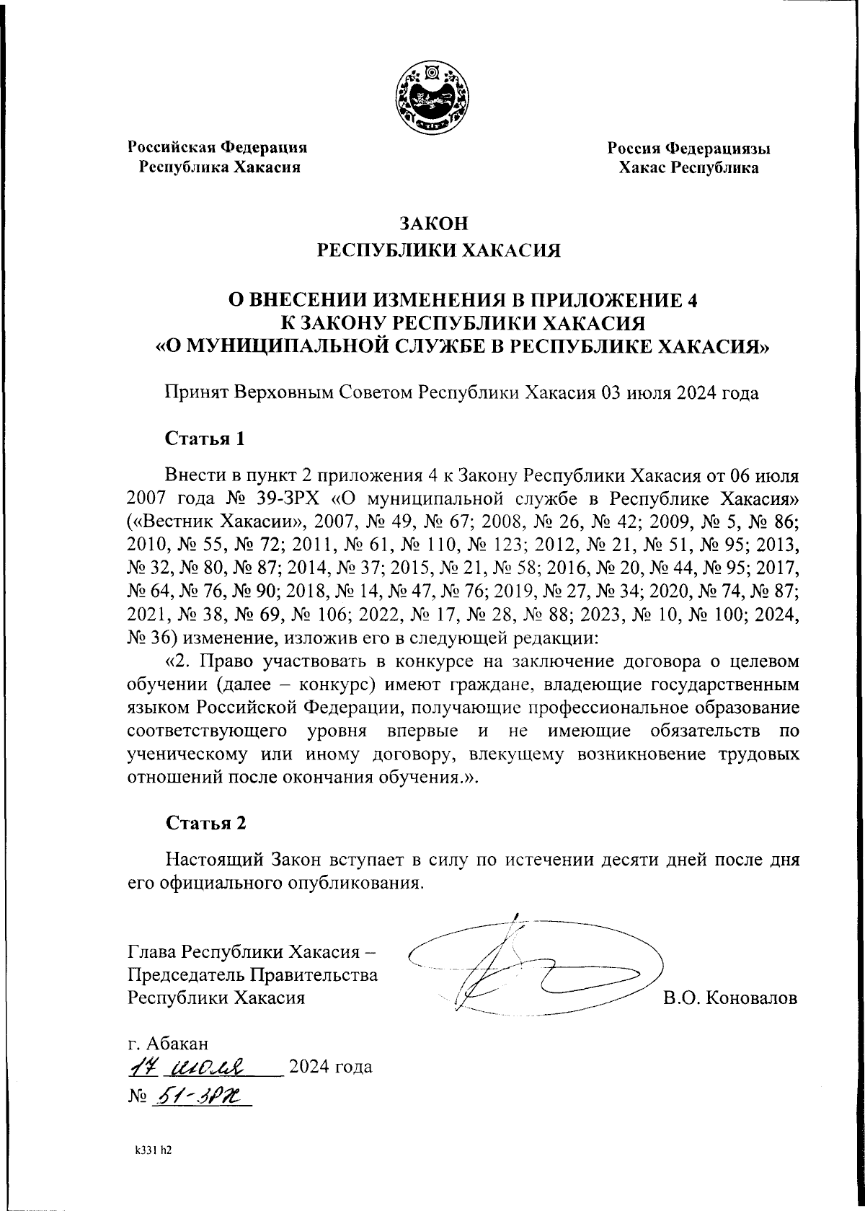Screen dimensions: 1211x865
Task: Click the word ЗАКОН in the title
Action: click(x=432, y=223)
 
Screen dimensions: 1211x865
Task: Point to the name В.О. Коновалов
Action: click(x=730, y=999)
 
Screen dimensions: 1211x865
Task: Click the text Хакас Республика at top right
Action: click(x=688, y=169)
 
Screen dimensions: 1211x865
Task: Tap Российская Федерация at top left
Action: click(x=218, y=148)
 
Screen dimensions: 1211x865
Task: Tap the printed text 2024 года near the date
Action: click(x=330, y=1066)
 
